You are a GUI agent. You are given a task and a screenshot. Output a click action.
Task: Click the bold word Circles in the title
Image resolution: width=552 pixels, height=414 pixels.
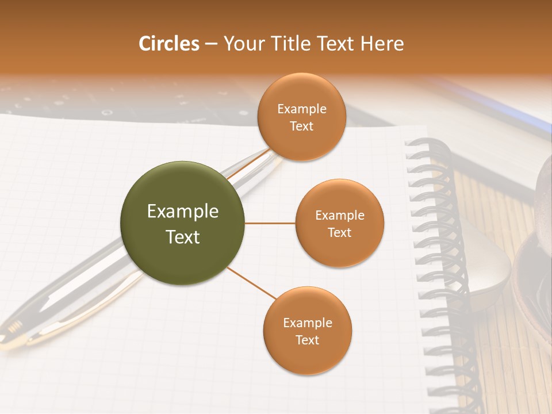(x=169, y=44)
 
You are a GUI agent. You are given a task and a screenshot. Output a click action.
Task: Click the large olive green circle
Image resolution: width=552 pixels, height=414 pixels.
(x=182, y=223)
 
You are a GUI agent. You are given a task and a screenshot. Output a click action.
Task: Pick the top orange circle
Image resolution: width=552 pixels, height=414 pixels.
(x=301, y=117)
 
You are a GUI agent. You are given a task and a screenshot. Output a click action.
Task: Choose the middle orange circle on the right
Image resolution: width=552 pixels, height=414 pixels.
(x=339, y=223)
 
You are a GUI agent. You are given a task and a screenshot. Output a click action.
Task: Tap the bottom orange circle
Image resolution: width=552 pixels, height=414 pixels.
(x=307, y=331)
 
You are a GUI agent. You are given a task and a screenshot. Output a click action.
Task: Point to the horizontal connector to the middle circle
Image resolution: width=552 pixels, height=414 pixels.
(x=270, y=223)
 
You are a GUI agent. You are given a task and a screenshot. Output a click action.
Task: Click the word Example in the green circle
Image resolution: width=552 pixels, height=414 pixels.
(x=182, y=212)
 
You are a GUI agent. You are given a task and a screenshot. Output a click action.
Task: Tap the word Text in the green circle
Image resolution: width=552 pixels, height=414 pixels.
(x=182, y=237)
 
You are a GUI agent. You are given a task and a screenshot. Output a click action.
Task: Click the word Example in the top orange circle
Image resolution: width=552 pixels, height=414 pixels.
(x=301, y=109)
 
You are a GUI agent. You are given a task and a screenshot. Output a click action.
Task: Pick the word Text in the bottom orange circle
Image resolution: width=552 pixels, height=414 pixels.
(x=307, y=340)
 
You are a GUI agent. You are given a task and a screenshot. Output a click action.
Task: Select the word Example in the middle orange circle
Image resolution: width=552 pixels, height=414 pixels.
(x=339, y=216)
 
